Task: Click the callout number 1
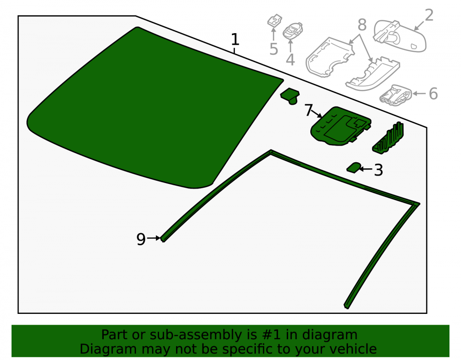pos(235,39)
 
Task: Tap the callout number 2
pos(429,15)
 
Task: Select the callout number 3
pos(378,170)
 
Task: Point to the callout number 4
pos(290,59)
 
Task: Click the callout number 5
pos(273,49)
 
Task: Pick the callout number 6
pos(433,94)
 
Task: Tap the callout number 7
pos(308,110)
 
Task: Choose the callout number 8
pos(362,25)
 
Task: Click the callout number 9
pos(141,239)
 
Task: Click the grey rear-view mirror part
pos(400,36)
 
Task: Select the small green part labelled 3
pos(354,167)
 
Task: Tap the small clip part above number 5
pos(274,21)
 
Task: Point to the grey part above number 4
pos(293,30)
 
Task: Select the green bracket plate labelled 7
pos(341,126)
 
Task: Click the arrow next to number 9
pos(154,238)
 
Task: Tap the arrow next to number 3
pos(366,169)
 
